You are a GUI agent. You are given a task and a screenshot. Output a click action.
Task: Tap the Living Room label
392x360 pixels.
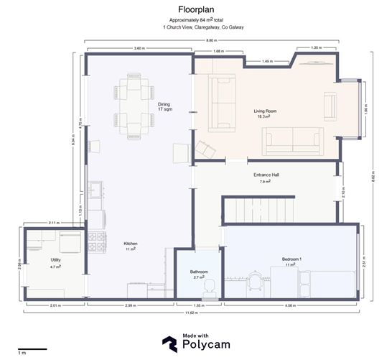pyautogui.click(x=265, y=112)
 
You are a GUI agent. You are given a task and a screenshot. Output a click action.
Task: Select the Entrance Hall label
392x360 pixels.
pyautogui.click(x=266, y=176)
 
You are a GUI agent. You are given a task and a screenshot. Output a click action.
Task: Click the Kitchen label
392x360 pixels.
pyautogui.click(x=131, y=244)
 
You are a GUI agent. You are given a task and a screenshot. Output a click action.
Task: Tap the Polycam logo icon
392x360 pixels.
pyautogui.click(x=169, y=344)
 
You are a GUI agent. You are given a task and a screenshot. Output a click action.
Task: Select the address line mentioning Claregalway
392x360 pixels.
pyautogui.click(x=196, y=27)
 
